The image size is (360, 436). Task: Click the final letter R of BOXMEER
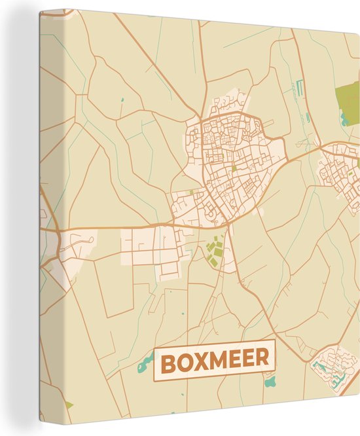pyautogui.click(x=262, y=359)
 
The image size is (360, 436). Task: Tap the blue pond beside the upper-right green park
pyautogui.click(x=344, y=118)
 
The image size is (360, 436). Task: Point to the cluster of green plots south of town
pyautogui.click(x=213, y=251)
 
